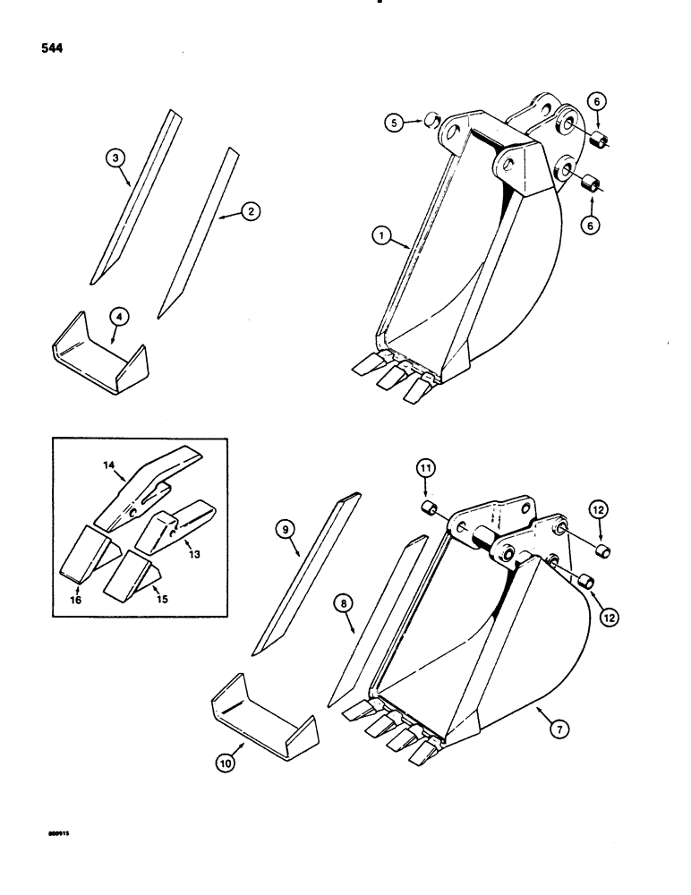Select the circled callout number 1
click(x=382, y=235)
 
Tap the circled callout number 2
click(x=251, y=211)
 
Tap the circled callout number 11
click(x=426, y=466)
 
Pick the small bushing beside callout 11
click(x=428, y=510)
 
